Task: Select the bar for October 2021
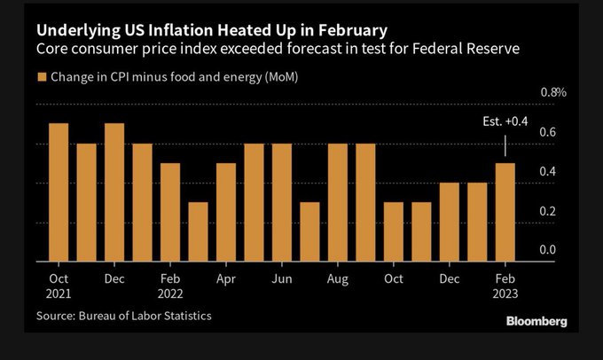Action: (x=59, y=192)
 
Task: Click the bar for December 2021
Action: (x=114, y=192)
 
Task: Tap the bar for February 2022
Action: (x=170, y=213)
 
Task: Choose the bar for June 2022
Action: (x=282, y=202)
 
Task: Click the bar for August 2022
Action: (x=338, y=202)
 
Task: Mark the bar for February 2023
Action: (x=505, y=213)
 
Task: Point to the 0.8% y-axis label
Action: (x=553, y=92)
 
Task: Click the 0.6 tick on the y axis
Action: (x=547, y=133)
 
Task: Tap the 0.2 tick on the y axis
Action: (x=547, y=211)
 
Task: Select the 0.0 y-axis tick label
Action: (x=547, y=251)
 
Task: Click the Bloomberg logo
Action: (x=535, y=321)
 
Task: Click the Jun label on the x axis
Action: (x=282, y=278)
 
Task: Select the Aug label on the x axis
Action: (x=338, y=278)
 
